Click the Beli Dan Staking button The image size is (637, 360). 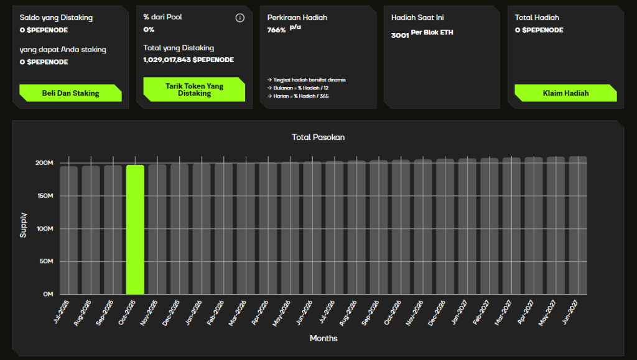(x=70, y=93)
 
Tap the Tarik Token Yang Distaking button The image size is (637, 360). (x=194, y=90)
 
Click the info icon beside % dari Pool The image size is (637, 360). (x=240, y=18)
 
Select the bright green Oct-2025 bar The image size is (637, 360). (x=135, y=229)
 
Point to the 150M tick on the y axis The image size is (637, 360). (x=45, y=196)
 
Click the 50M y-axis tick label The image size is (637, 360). (x=46, y=261)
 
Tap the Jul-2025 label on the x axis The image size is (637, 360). (x=62, y=312)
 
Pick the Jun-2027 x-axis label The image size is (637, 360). (x=570, y=312)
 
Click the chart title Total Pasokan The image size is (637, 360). (x=318, y=137)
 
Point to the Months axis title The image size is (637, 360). (x=323, y=338)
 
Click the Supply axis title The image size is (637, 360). (x=23, y=225)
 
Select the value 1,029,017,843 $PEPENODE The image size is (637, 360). (x=188, y=60)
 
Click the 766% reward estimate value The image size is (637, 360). (x=277, y=30)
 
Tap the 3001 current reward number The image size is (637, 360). (x=400, y=35)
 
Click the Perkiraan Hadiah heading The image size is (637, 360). (x=297, y=17)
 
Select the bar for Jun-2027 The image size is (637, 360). (x=578, y=225)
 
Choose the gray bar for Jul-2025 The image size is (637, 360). (x=68, y=230)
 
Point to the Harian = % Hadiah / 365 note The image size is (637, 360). (x=298, y=96)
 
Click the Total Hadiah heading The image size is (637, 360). (x=537, y=17)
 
